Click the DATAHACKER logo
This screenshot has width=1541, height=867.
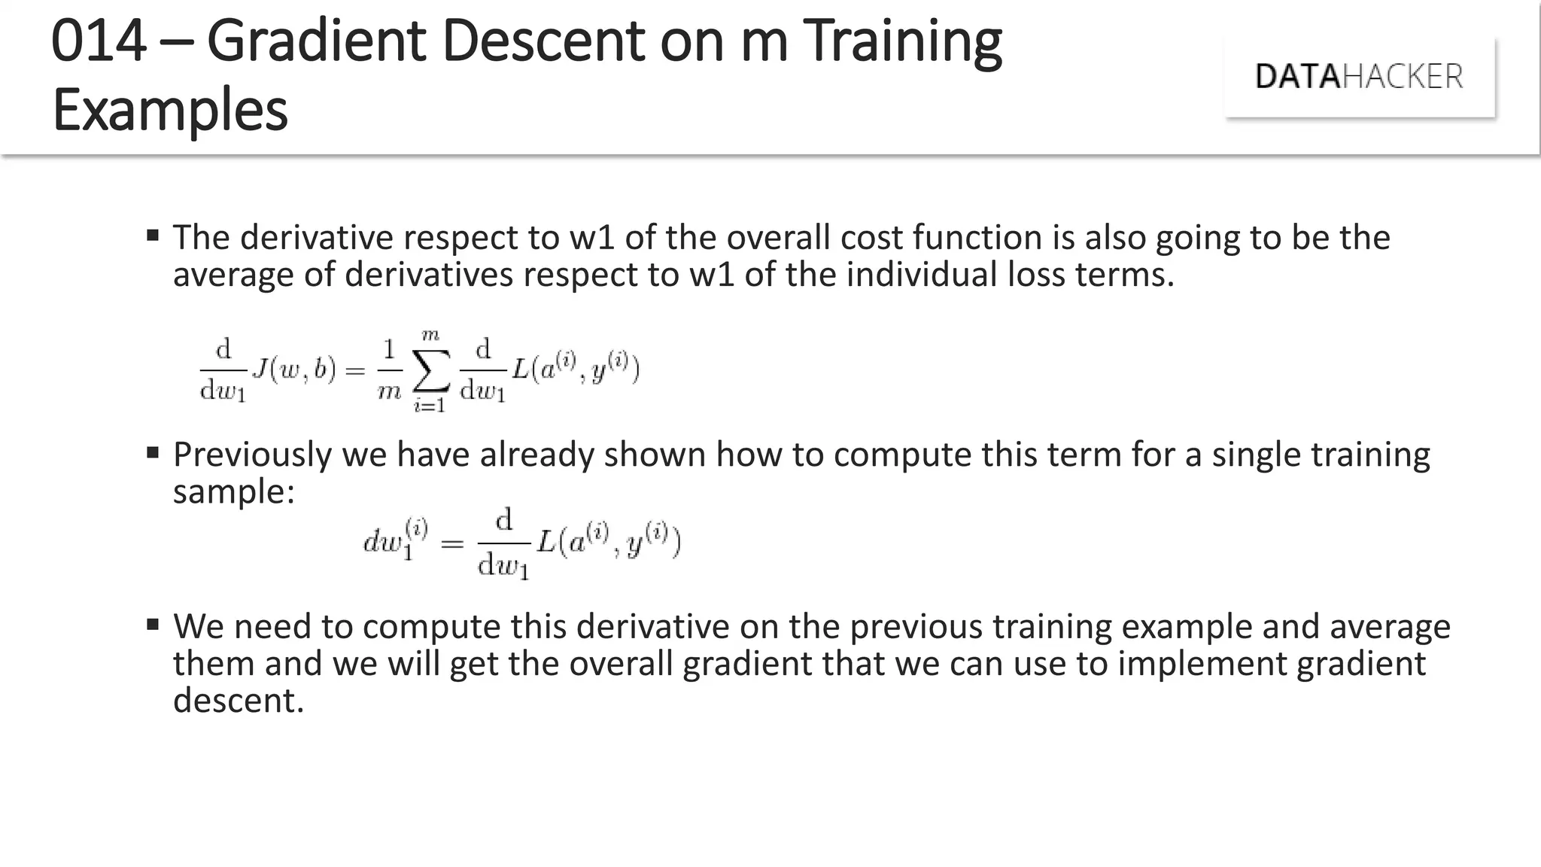click(1359, 77)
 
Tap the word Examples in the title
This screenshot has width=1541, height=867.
click(170, 110)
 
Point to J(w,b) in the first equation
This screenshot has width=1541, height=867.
click(294, 370)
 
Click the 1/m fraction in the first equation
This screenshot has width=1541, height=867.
click(389, 370)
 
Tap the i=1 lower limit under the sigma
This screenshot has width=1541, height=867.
click(430, 406)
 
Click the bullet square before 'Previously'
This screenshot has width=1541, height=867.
click(153, 452)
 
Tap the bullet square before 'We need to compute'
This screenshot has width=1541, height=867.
click(153, 624)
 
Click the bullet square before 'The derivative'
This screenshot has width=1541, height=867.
click(153, 236)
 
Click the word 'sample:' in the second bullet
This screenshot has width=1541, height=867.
click(234, 492)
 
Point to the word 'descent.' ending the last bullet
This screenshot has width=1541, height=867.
click(239, 701)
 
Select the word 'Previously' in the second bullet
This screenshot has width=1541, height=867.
click(252, 455)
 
